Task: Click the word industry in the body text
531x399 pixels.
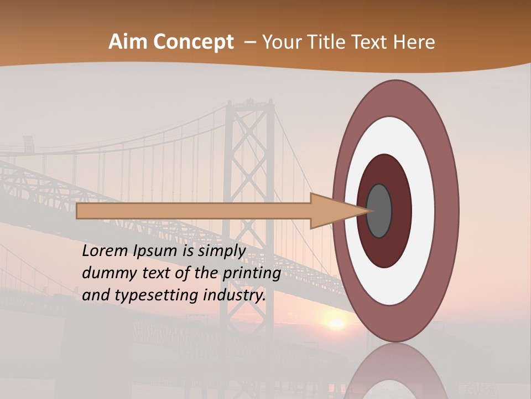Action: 235,295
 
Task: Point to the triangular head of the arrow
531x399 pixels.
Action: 332,211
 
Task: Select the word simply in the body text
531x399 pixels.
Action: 221,251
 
